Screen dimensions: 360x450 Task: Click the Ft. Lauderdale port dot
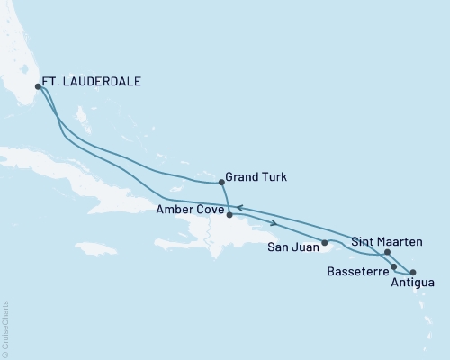point(38,86)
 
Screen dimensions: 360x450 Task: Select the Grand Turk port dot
point(221,182)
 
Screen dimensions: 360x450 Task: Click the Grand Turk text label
point(257,177)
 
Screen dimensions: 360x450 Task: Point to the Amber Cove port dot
point(229,215)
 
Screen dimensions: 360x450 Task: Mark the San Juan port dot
point(324,243)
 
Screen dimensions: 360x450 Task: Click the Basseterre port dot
point(394,266)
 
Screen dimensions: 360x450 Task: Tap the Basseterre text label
point(357,270)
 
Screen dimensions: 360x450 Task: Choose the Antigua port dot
point(413,272)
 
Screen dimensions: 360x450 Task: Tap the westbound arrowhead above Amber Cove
point(240,208)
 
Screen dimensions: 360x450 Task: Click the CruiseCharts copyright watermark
point(6,328)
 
